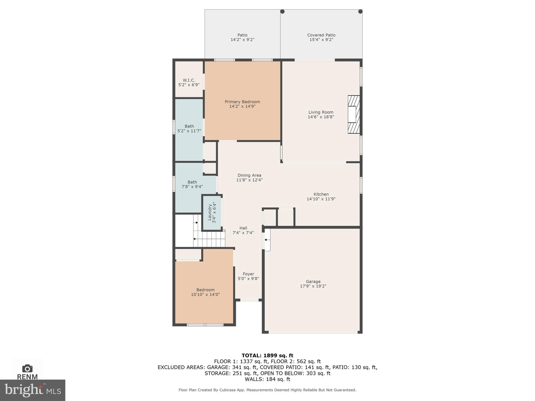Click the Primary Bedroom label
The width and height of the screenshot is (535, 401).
point(242,102)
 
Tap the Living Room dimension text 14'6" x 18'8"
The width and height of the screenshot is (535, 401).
point(321,117)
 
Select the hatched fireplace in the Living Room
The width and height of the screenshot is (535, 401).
point(354,114)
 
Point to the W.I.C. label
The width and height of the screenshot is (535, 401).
point(189,80)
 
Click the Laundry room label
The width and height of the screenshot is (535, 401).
point(212,213)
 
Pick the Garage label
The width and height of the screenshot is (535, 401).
point(313,281)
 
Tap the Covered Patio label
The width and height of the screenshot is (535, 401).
point(321,35)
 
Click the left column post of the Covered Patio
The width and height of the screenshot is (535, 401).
point(282,11)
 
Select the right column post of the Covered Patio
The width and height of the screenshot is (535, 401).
point(360,11)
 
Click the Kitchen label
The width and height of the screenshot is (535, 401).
point(321,194)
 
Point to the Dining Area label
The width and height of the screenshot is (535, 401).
point(249,175)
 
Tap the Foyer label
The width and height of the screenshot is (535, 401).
point(248,274)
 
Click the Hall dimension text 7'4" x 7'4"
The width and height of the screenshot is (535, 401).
point(243,233)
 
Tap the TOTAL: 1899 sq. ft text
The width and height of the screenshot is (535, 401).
point(267,355)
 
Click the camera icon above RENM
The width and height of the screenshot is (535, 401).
point(27,368)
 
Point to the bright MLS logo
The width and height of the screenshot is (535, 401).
point(33,390)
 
